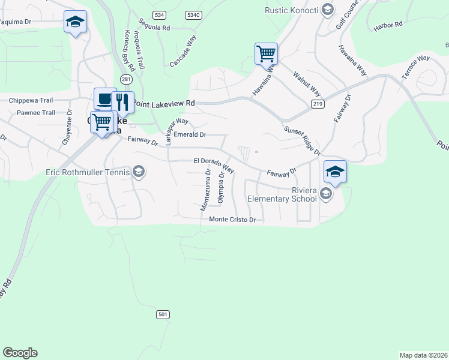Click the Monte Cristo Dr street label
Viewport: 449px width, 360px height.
[x=232, y=220]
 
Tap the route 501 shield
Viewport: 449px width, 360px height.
[x=163, y=314]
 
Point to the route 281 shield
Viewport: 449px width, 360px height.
[x=125, y=79]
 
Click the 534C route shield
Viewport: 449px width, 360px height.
[x=192, y=14]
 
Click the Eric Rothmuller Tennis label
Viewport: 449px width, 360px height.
[x=88, y=173]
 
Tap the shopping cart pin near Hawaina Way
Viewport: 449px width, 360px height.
[x=265, y=53]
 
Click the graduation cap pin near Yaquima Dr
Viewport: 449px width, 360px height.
[x=75, y=23]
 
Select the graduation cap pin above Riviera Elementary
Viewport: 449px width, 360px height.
[x=335, y=172]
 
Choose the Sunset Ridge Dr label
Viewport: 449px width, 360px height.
[x=301, y=140]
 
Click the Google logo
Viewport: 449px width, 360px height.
[x=20, y=353]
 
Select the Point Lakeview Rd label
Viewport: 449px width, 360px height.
[x=164, y=103]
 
